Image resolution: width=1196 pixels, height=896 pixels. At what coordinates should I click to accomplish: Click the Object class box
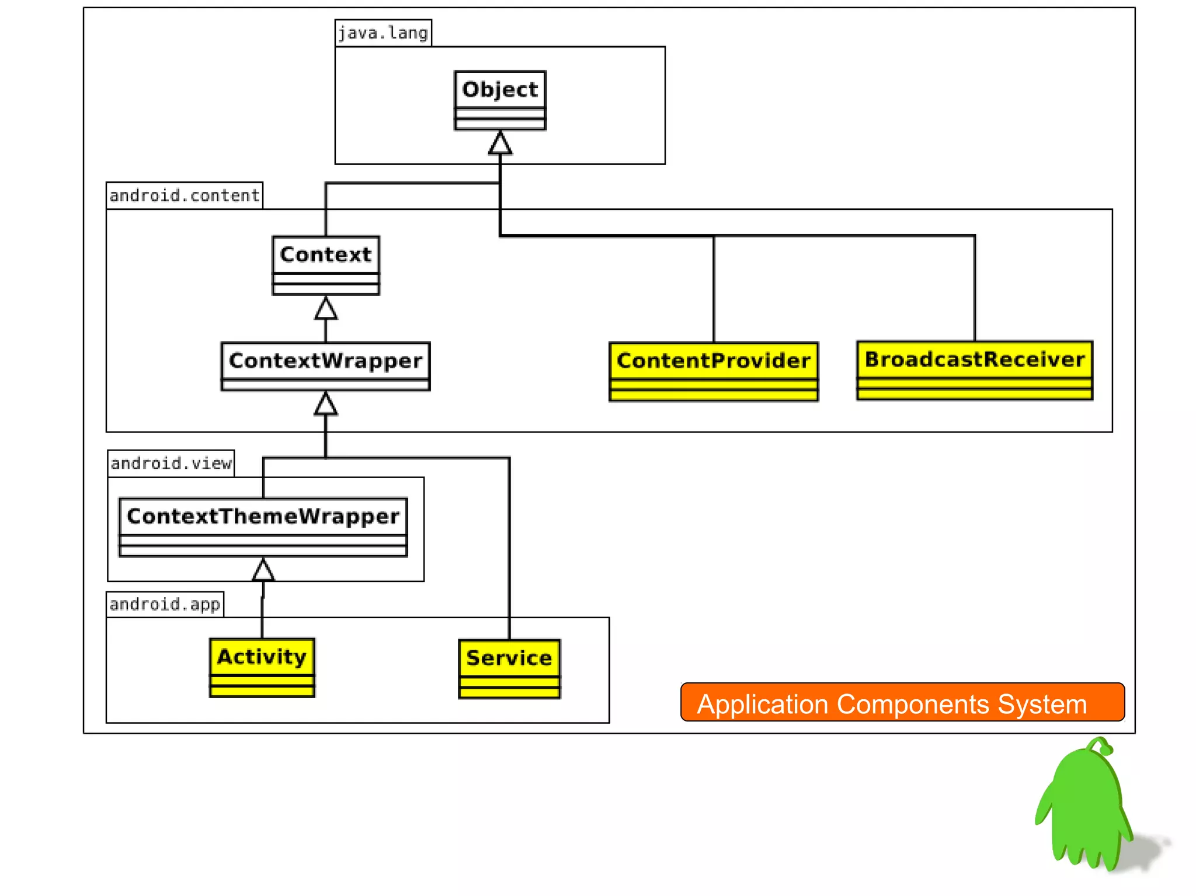tap(500, 100)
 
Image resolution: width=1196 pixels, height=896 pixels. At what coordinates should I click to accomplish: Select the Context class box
tap(326, 265)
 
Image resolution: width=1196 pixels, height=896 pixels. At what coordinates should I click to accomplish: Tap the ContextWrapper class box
tap(326, 366)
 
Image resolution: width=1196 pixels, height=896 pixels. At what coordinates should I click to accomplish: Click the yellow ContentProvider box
tap(713, 371)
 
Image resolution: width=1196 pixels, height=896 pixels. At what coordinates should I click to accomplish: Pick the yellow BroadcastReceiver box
tap(974, 370)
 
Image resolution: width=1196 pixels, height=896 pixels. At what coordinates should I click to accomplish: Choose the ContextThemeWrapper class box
tap(263, 527)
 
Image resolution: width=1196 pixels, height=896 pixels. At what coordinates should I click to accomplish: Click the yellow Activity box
tap(262, 667)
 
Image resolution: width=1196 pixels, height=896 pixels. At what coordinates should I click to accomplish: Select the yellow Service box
tap(509, 669)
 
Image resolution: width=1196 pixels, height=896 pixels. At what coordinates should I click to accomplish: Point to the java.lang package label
tap(383, 33)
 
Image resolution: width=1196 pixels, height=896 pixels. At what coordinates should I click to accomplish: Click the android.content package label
tap(184, 195)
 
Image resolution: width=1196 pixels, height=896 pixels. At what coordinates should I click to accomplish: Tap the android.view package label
tap(171, 463)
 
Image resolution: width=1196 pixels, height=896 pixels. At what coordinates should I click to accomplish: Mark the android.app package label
tap(165, 604)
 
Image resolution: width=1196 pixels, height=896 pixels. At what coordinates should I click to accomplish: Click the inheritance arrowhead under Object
tap(500, 144)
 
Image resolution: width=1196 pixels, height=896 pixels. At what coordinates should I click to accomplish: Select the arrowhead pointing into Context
tap(326, 309)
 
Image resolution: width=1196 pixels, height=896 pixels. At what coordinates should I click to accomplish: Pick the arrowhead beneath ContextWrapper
tap(326, 404)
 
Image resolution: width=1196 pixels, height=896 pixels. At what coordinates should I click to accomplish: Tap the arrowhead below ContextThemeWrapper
tap(263, 570)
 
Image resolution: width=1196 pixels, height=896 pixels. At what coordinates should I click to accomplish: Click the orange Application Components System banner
tap(902, 702)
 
